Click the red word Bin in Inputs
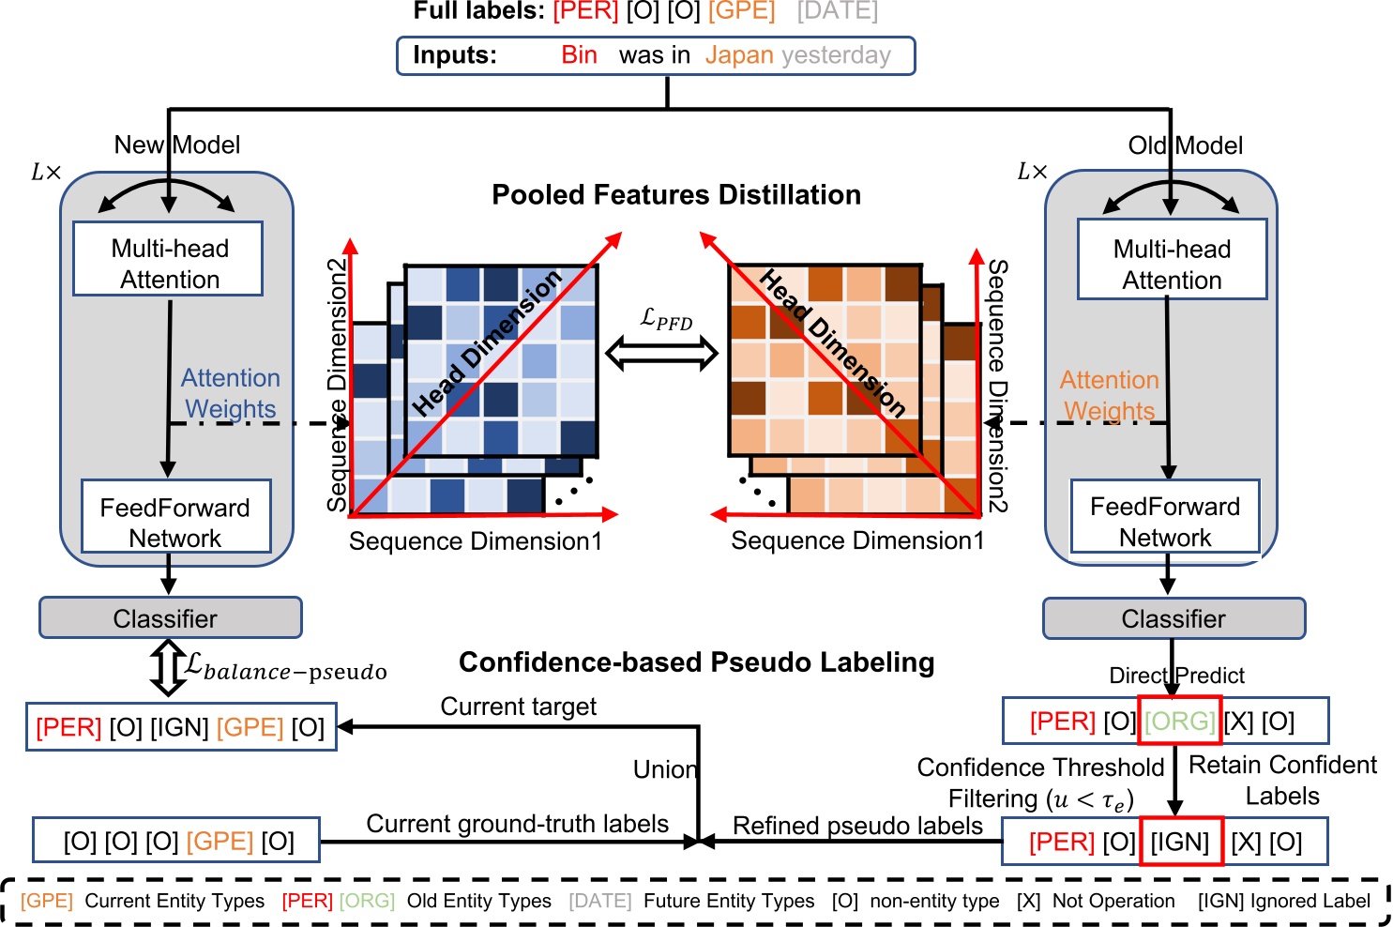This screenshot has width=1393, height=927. [579, 55]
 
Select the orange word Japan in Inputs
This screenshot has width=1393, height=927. [739, 55]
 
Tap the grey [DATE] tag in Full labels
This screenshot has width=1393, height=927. [837, 11]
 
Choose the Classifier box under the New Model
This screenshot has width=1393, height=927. [170, 618]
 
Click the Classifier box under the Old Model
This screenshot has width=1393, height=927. [1173, 619]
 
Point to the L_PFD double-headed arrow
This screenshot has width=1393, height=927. [662, 354]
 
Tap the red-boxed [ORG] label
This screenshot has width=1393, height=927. [1179, 721]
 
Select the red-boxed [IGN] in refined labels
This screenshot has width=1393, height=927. [1180, 842]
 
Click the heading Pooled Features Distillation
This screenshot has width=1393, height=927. [676, 195]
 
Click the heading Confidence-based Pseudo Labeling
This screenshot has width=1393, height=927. [696, 662]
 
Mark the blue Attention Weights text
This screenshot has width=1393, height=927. [231, 393]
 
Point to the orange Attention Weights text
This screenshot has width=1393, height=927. [1109, 395]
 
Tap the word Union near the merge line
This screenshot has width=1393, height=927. [665, 769]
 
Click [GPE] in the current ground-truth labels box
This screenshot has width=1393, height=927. [220, 842]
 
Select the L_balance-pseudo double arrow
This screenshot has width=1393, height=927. [168, 667]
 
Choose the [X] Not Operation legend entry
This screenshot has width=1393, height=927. [1095, 901]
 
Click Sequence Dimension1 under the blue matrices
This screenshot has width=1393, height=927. [476, 541]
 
